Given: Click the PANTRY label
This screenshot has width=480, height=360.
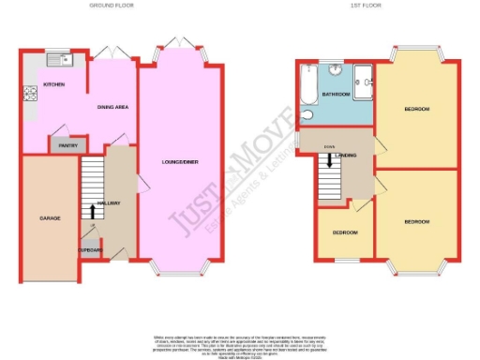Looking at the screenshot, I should click(67, 146).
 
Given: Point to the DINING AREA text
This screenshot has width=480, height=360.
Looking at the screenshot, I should click(112, 107).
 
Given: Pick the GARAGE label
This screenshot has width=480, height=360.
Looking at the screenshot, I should click(50, 217).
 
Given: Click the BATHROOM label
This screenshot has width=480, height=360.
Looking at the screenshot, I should click(337, 95).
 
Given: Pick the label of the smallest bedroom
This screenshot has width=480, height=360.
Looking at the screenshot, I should click(344, 232).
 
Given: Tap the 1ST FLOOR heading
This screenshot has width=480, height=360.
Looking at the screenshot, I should click(373, 5).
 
